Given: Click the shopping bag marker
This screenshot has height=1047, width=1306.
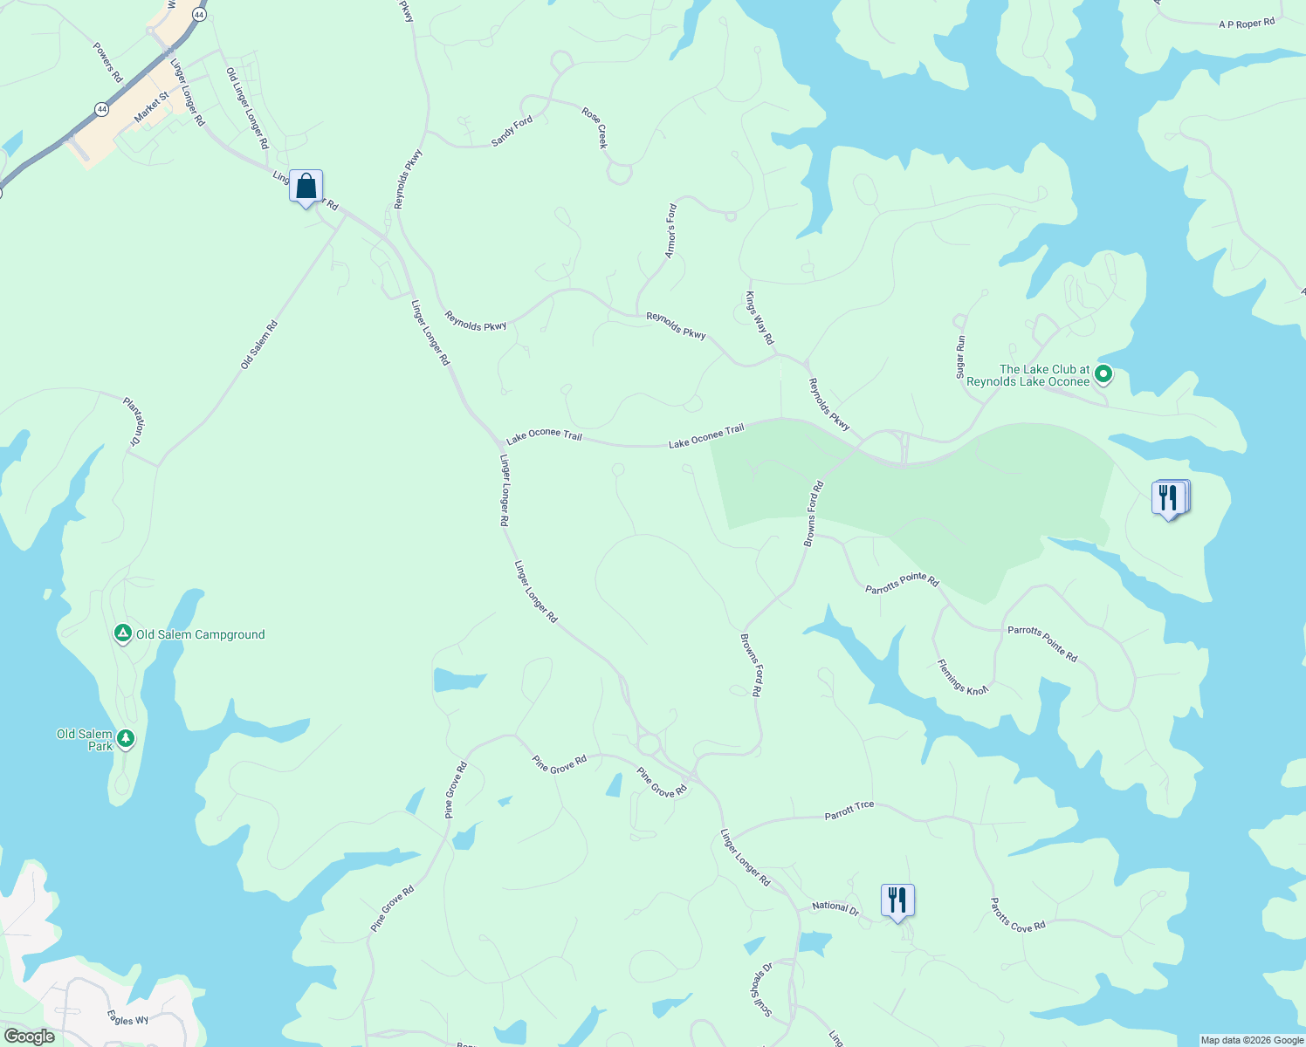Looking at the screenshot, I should point(306,187).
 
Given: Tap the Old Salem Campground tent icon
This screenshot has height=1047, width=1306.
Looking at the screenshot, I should point(123,633).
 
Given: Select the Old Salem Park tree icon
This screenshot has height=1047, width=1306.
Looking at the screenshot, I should point(126,739).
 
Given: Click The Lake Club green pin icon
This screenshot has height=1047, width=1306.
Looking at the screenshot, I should point(1103,374).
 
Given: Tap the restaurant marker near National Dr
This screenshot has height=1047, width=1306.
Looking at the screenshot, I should point(897,900).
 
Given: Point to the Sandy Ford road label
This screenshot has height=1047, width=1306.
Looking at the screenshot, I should point(512,131).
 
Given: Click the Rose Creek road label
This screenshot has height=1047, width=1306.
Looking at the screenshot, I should point(595,127).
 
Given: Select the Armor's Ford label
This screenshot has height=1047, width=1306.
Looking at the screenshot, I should point(670,231).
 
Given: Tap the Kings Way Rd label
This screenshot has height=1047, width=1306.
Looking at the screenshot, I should point(760,318).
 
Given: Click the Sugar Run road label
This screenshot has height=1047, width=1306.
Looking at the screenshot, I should point(960,357).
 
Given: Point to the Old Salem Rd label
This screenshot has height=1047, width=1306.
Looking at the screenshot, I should point(259,345).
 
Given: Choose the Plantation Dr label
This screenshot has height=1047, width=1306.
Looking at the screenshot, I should point(133,421).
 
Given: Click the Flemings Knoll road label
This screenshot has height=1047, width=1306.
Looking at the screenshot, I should point(963,677).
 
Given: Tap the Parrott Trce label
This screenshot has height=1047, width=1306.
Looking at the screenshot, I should point(849,811).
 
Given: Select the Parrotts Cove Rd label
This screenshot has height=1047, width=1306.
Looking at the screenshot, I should point(1017,915).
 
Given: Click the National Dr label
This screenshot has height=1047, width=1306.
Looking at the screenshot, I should point(835,907).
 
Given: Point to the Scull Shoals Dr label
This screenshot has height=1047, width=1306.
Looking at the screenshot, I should point(761,989).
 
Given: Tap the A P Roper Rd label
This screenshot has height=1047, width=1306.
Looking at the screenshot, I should point(1247,24).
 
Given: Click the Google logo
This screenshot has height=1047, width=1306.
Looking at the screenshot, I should point(31,1037).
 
